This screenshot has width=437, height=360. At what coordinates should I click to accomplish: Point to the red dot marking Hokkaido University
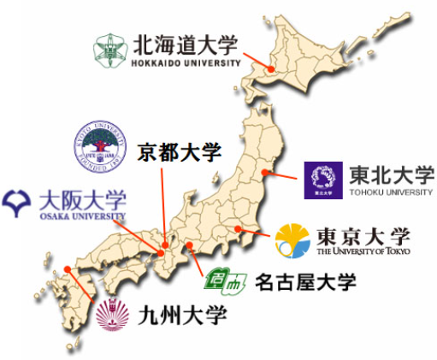(271, 69)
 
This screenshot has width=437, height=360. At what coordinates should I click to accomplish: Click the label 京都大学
(179, 153)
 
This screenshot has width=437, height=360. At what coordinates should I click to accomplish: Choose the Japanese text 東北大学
(392, 174)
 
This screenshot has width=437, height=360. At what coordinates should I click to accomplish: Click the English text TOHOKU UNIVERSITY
(392, 192)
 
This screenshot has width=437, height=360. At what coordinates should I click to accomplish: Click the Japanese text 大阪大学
(83, 202)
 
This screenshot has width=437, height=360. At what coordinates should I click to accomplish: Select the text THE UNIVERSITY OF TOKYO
(363, 251)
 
